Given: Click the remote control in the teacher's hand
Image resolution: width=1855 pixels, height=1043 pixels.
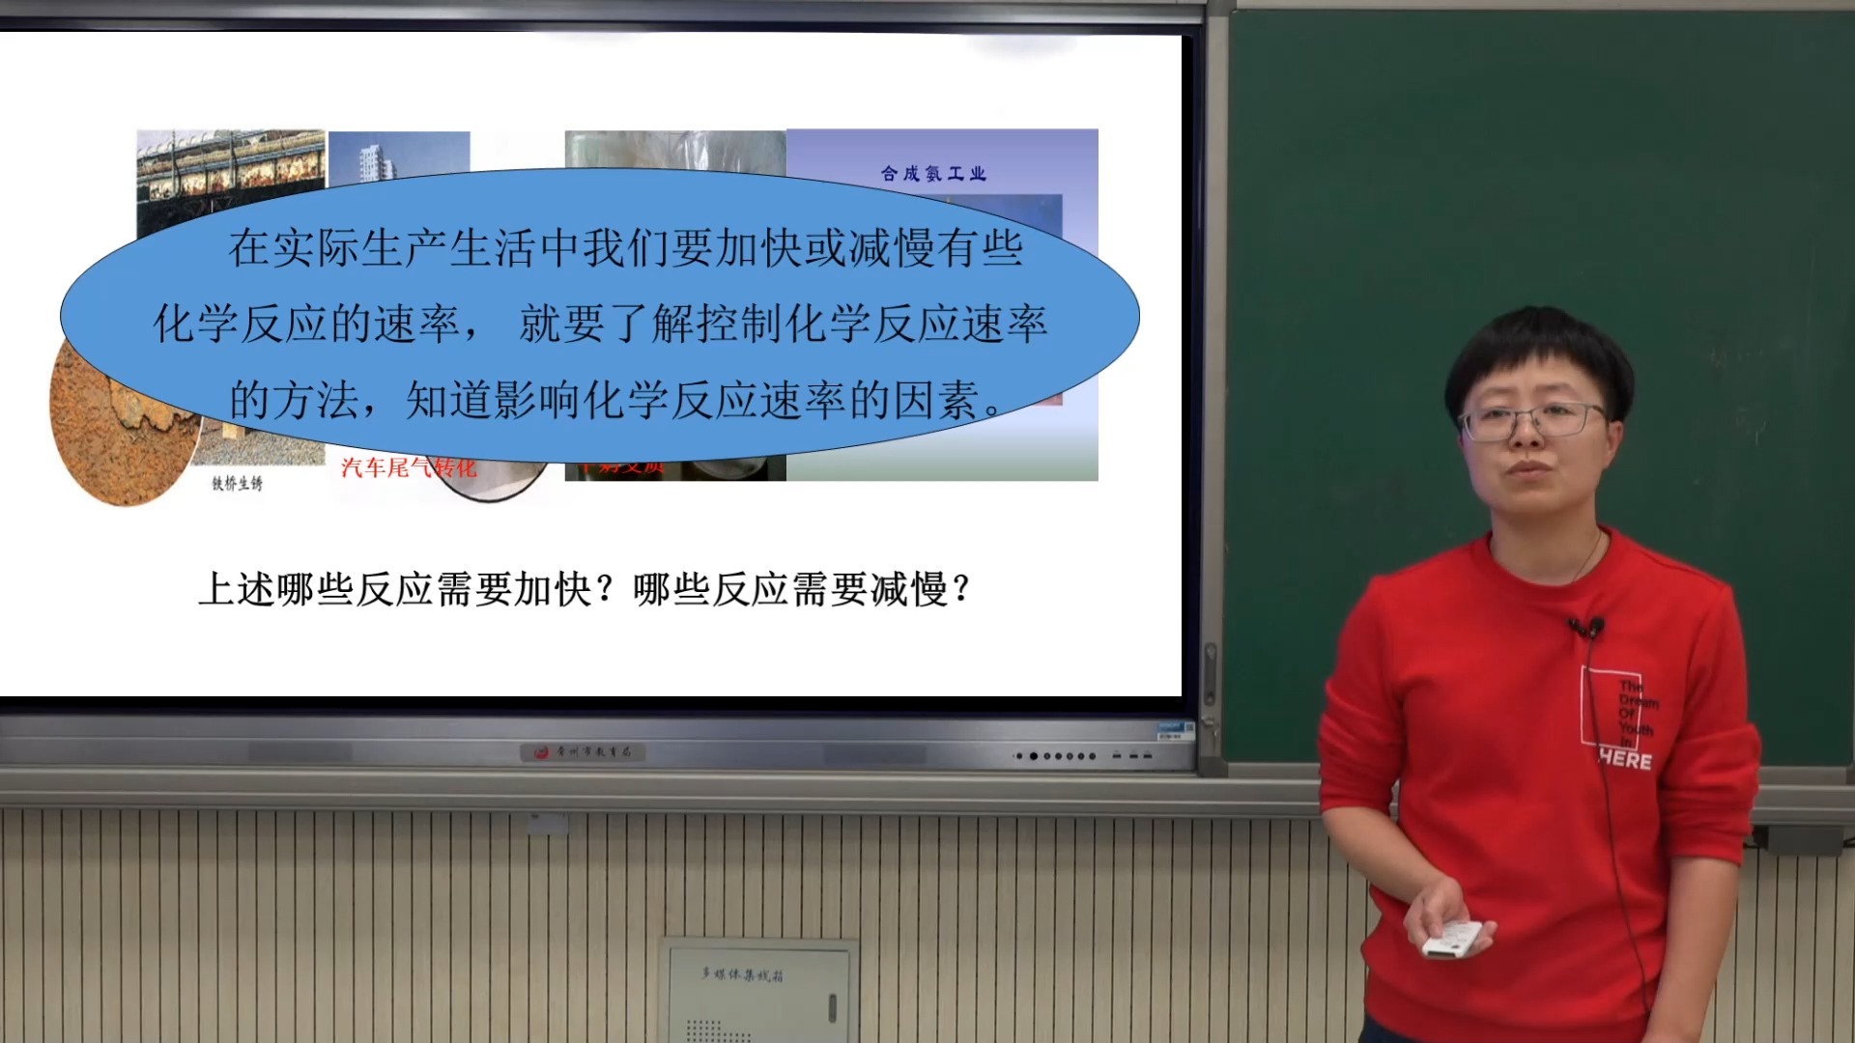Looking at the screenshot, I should point(1451,939).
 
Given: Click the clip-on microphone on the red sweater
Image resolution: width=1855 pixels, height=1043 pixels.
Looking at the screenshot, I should point(1586,629).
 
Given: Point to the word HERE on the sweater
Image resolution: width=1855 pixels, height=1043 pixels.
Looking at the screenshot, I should point(1625,760).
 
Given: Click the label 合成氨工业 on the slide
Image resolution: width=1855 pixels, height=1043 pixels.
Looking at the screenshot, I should point(933,174).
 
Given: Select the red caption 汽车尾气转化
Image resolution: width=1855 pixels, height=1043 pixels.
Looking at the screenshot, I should point(409,469).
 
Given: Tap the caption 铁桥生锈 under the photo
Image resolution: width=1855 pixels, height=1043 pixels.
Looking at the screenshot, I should point(237,483).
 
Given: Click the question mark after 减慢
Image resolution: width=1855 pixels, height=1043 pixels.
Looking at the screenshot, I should point(960,589).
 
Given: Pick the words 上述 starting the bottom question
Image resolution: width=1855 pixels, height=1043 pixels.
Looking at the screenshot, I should point(237,589).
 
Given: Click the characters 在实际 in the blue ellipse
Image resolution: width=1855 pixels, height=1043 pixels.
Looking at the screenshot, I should point(293,249).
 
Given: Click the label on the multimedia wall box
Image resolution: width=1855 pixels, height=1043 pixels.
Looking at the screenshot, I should point(742,974).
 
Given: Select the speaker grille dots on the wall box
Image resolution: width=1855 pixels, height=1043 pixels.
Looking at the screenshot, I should point(705,1029).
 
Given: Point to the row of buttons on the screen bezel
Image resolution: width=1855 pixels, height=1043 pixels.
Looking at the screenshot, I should point(1058,756).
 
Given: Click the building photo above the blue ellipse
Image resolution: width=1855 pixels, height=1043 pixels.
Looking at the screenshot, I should point(398,155).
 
